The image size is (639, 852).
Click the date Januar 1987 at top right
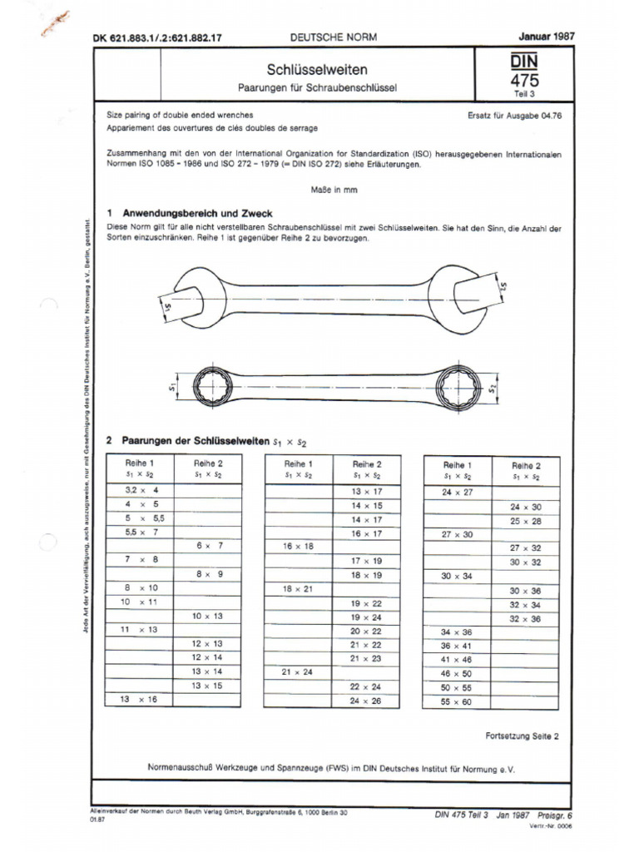(547, 37)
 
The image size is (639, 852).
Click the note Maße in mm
(334, 190)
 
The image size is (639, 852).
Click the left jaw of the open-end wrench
(188, 299)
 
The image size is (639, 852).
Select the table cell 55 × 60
(458, 701)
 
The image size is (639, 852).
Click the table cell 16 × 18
(298, 547)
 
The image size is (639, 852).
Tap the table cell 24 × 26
(367, 701)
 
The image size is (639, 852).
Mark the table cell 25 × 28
(525, 520)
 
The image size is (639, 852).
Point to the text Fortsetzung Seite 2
(523, 736)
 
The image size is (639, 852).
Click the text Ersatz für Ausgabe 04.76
(515, 116)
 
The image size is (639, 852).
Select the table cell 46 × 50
(458, 672)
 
